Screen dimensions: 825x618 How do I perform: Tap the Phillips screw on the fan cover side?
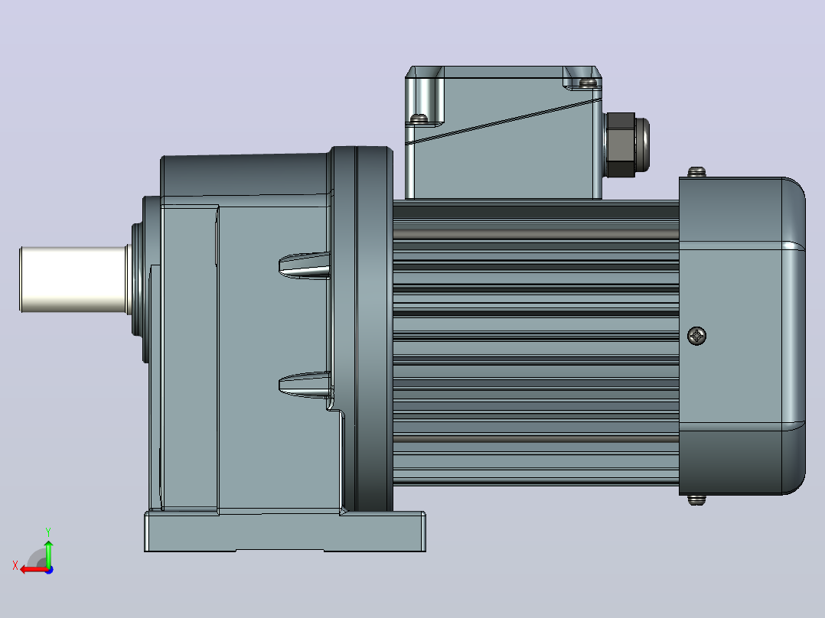click(x=697, y=336)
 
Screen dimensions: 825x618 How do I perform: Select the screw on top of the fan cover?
click(x=696, y=172)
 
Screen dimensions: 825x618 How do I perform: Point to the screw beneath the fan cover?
click(x=696, y=499)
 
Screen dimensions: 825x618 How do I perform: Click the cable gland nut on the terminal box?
click(x=627, y=145)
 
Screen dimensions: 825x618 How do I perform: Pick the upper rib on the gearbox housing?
click(x=305, y=265)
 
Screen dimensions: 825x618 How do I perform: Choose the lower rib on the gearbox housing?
click(x=305, y=385)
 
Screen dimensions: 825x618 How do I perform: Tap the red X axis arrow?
click(x=34, y=569)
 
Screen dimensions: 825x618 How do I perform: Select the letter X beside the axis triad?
click(x=15, y=565)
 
